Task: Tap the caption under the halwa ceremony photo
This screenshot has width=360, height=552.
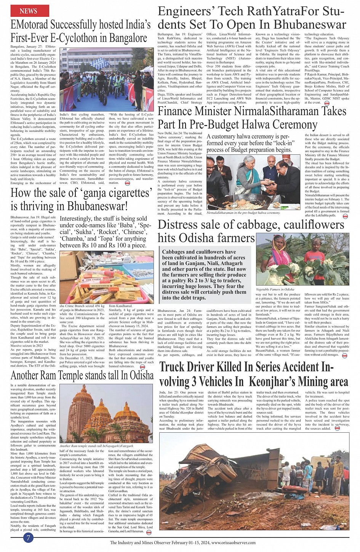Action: tap(243, 213)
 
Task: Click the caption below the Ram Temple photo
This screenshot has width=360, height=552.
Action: tap(96, 446)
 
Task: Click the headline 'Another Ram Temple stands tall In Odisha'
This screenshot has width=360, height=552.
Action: tap(82, 375)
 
